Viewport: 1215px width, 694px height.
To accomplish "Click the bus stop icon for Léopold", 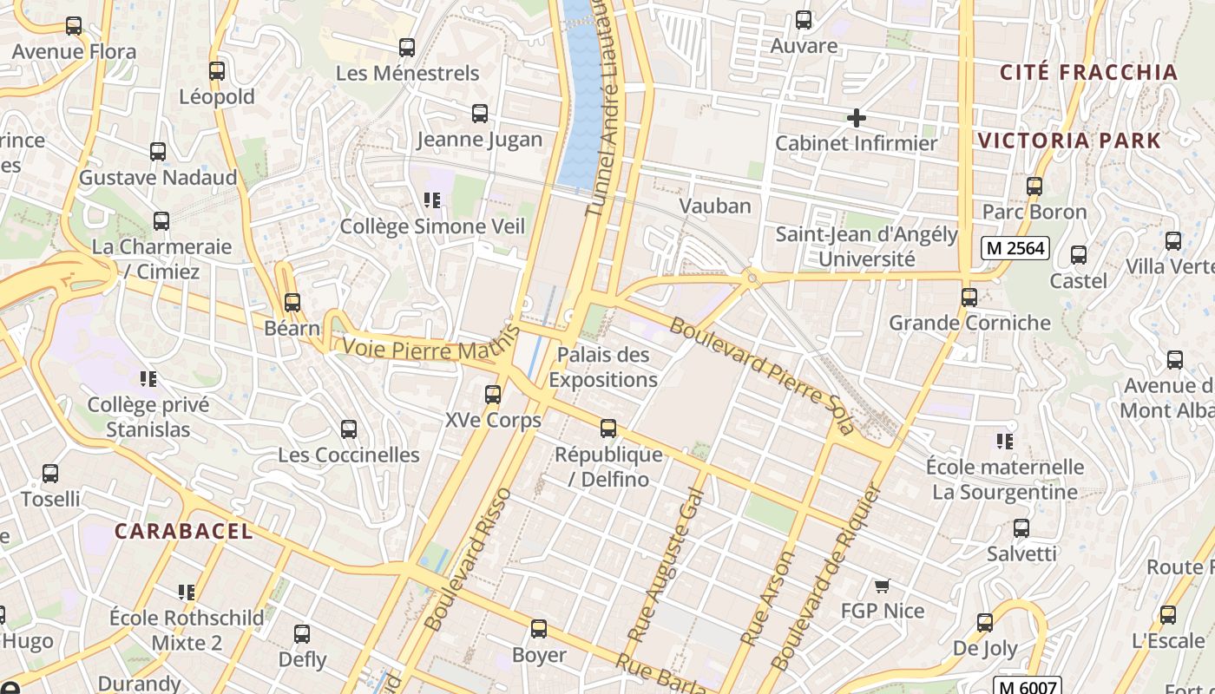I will coord(217,71).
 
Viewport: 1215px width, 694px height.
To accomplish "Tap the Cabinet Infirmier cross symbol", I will coord(857,117).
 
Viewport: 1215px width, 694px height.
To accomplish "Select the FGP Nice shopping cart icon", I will coord(883,586).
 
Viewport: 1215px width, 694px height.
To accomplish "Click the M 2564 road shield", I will coord(1015,248).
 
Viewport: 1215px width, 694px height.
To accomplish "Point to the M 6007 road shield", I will coord(1028,686).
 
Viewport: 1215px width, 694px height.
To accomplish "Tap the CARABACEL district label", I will coord(184,532).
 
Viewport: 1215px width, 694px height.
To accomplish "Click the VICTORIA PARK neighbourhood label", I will coord(1069,141).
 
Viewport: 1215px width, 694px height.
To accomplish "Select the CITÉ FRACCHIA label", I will coord(1089,72).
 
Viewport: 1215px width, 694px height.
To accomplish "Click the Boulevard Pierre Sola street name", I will coord(762,376).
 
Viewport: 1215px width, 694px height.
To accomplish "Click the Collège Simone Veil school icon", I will coord(432,201).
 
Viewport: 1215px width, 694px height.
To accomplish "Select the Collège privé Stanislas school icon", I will coord(148,379).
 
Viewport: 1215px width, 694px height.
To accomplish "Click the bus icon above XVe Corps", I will coord(493,395).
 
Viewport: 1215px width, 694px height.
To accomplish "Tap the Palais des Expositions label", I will coord(602,367).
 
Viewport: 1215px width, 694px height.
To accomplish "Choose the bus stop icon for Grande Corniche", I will coord(969,298).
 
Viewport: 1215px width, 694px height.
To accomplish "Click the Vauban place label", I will coord(715,206).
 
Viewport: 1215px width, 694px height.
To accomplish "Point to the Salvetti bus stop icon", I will coord(1021,528).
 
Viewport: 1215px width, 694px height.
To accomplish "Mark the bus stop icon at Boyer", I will coord(539,629).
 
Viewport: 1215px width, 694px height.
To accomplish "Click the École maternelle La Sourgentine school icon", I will coord(1005,442).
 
